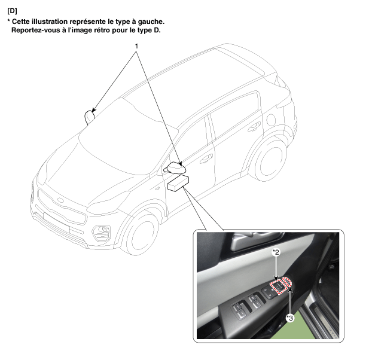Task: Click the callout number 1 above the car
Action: (x=136, y=46)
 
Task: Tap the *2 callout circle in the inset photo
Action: (x=276, y=252)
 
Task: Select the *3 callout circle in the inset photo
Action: (x=289, y=318)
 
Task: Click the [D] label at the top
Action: (x=13, y=11)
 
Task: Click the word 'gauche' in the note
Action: (x=151, y=22)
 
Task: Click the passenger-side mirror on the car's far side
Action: (x=90, y=117)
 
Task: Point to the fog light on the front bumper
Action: (x=102, y=232)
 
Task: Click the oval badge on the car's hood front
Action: (x=61, y=200)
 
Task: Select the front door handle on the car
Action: (x=206, y=158)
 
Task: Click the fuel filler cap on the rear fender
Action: (x=271, y=120)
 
